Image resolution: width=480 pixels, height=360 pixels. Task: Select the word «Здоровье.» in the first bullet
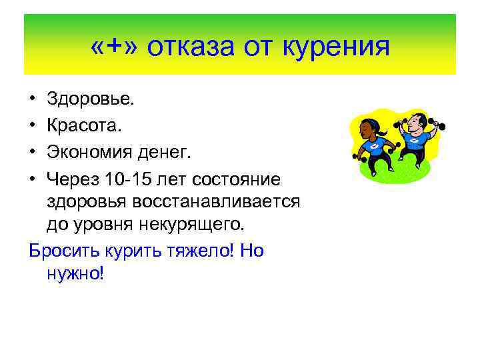tap(91, 99)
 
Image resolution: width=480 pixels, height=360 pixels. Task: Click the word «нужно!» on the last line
tap(76, 273)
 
